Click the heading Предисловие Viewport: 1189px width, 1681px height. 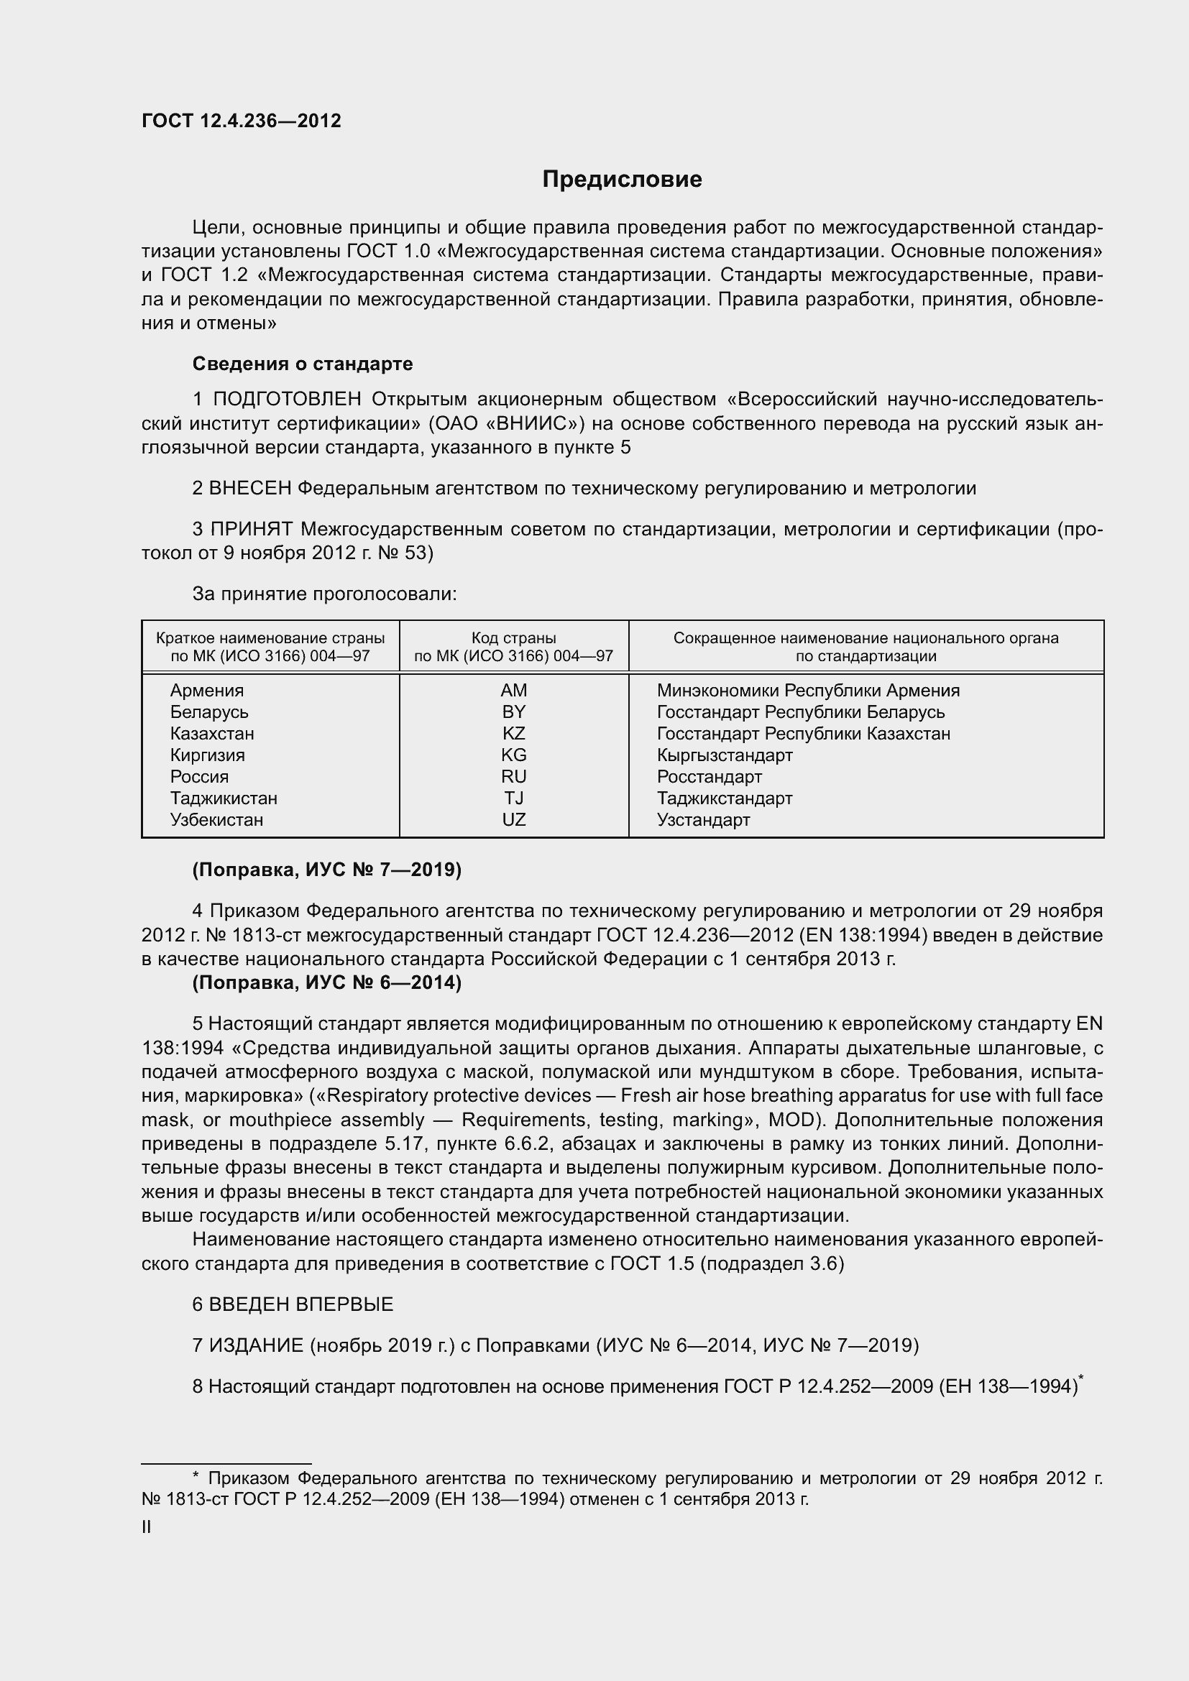click(x=622, y=180)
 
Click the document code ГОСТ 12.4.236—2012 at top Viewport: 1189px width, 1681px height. click(x=242, y=121)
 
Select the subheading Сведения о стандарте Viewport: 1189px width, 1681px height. click(x=303, y=364)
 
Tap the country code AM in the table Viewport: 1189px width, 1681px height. click(x=513, y=691)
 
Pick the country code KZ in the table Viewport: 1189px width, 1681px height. click(x=513, y=734)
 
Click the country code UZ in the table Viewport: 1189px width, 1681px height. click(x=513, y=820)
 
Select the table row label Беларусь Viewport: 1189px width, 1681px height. click(x=209, y=712)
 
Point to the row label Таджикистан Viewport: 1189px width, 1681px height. click(x=224, y=798)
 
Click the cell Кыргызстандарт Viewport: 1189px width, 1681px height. click(x=724, y=755)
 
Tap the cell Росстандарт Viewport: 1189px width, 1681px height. click(x=709, y=777)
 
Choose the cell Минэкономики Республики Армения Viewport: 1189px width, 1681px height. click(x=807, y=691)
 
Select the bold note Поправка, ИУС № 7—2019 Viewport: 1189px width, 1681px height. click(x=326, y=870)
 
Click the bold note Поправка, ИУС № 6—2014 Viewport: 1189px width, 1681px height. click(x=326, y=982)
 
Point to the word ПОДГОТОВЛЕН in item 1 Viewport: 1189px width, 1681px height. click(x=286, y=399)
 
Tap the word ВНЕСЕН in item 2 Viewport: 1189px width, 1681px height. click(x=250, y=488)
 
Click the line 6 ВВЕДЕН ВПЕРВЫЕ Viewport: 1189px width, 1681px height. click(x=293, y=1304)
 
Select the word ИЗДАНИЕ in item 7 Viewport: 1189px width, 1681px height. click(x=256, y=1345)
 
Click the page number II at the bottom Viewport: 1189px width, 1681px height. click(x=147, y=1527)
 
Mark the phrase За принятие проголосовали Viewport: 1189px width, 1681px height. click(x=324, y=594)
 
